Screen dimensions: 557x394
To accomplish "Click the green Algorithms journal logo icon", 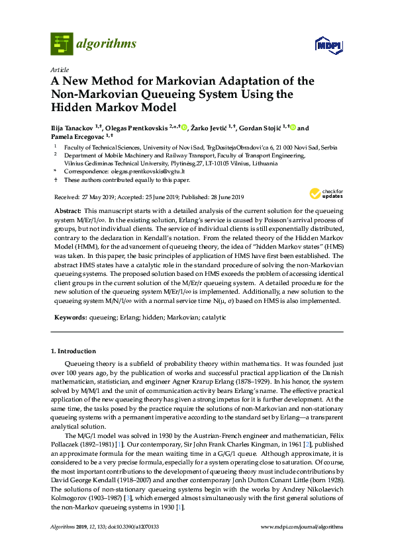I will (x=62, y=44).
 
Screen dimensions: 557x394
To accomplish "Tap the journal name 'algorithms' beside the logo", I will (x=106, y=44).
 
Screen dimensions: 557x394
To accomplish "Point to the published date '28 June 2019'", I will (x=223, y=196).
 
